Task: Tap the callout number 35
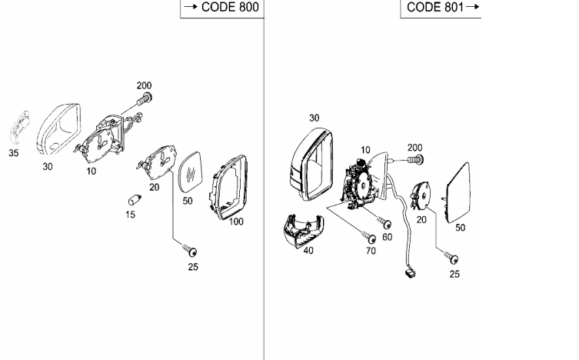pos(14,153)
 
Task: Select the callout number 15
pos(131,215)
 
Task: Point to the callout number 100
pos(236,221)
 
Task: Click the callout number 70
pos(370,251)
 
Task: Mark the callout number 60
pos(388,237)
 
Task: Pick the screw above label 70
pos(364,235)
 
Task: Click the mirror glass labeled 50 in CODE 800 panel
pos(190,172)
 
